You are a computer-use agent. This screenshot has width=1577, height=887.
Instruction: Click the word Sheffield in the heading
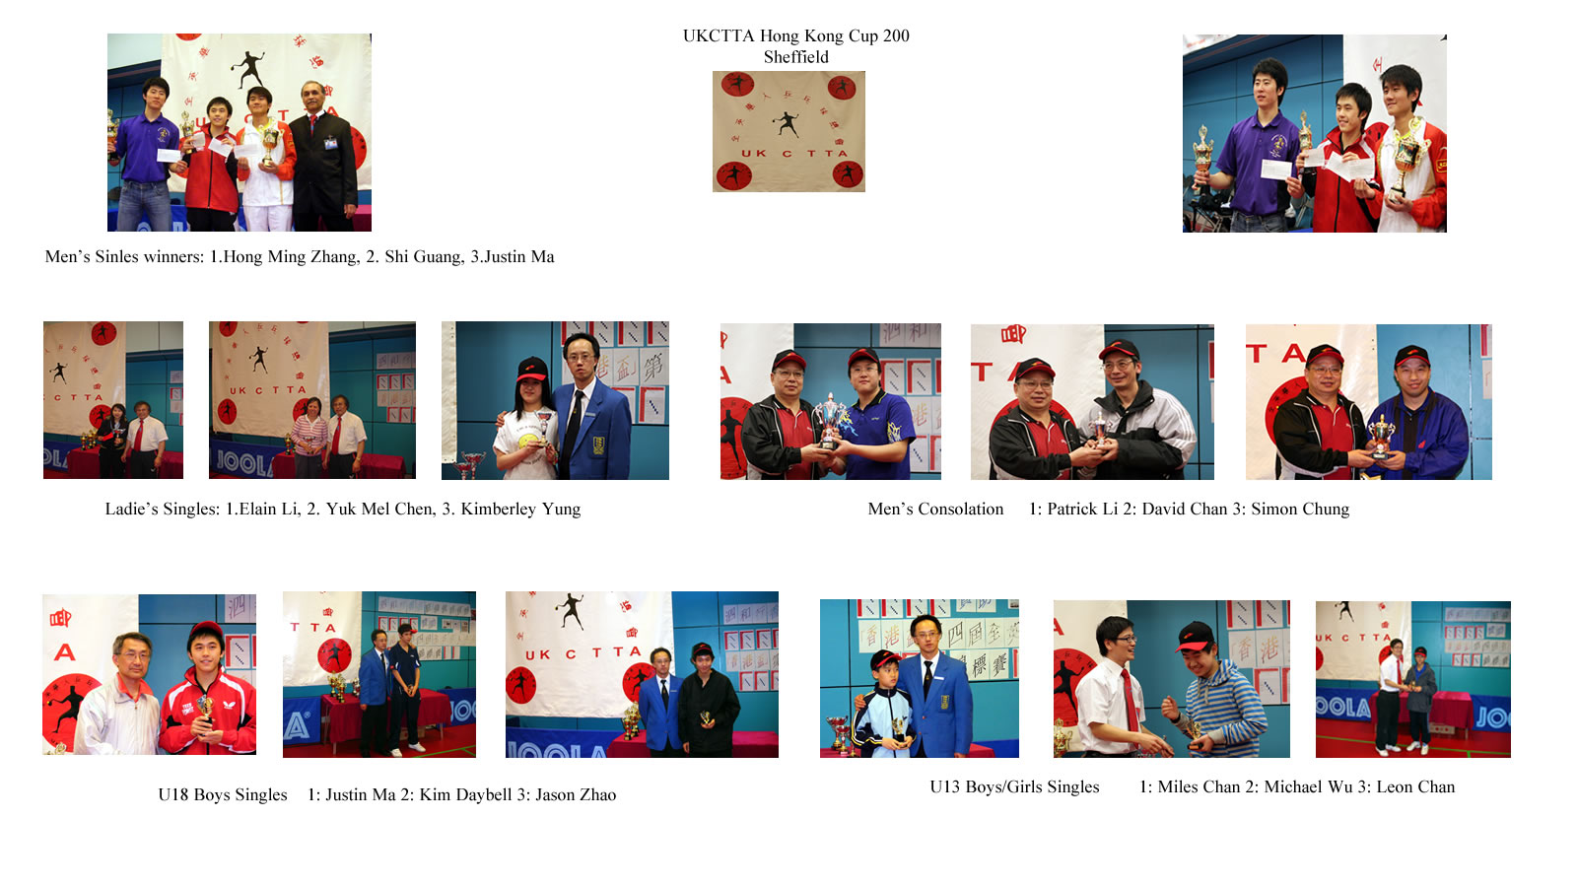[796, 57]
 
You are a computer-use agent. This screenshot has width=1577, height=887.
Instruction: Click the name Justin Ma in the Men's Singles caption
[518, 257]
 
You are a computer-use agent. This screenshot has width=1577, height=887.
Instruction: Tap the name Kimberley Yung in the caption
[521, 509]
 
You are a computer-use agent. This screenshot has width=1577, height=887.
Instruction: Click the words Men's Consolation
[935, 509]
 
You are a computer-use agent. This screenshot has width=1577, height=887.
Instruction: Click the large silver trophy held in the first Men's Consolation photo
[829, 420]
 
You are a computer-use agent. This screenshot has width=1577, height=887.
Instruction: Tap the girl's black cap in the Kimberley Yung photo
[532, 369]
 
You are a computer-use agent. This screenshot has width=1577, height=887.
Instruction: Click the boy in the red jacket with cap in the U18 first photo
[208, 690]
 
